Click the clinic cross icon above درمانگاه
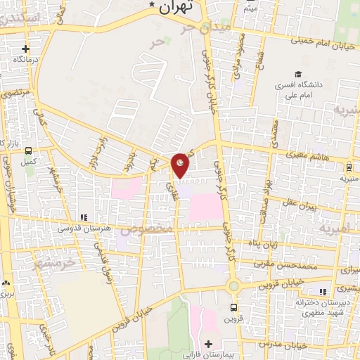[x=26, y=49]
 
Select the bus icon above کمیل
[x=28, y=150]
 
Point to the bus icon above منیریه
[x=349, y=167]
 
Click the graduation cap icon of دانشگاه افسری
[x=298, y=74]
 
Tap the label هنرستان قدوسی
[x=83, y=229]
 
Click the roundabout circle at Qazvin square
[x=233, y=286]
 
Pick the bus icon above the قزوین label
[x=234, y=307]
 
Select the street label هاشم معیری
[x=305, y=155]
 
